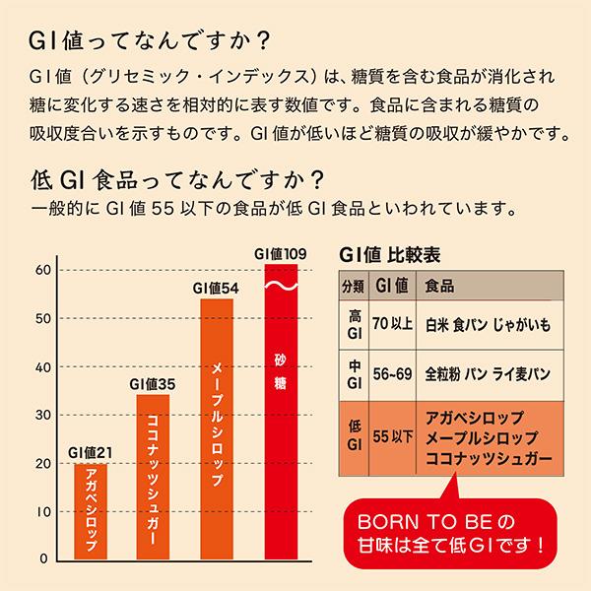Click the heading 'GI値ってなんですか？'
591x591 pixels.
148,41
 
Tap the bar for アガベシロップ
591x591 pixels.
91,510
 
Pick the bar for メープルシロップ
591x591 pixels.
217,428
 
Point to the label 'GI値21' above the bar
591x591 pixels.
91,452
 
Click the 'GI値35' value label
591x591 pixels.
153,383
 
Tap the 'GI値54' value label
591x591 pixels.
217,288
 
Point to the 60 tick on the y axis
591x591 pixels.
42,271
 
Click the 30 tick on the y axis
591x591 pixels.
42,415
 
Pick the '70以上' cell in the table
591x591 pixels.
394,324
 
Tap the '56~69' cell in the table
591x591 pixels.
394,375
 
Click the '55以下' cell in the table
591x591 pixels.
394,436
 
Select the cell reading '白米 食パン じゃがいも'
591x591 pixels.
482,324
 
